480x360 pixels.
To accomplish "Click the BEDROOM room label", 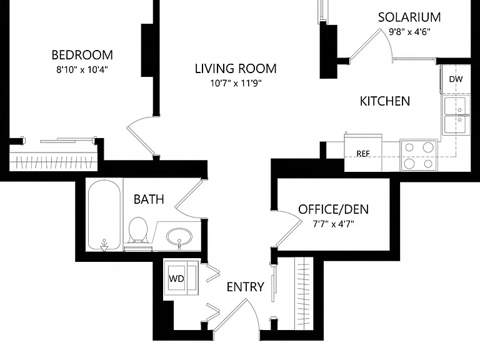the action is pos(82,55).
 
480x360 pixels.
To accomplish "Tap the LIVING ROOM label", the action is pos(236,69).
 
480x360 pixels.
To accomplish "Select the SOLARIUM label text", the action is pos(409,17).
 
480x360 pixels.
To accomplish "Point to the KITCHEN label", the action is pos(385,101).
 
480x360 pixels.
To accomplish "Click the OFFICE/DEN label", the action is pos(333,209).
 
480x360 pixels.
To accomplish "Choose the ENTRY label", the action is pos(245,287).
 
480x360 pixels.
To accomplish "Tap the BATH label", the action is pos(149,199).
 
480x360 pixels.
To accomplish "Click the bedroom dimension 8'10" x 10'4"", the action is pos(82,70).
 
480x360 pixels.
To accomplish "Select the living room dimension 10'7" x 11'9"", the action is pos(236,83).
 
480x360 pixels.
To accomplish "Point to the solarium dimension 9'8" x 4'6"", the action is pos(409,32).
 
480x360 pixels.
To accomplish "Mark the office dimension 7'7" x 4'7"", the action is pos(333,224).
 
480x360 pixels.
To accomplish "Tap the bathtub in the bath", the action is pos(104,215).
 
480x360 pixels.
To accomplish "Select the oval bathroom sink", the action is pos(180,237).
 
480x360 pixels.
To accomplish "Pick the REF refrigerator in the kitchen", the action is pos(363,153).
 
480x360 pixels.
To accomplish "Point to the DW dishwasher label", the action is pos(456,79).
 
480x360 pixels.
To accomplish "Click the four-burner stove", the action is pos(419,156).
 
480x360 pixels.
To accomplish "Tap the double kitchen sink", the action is pos(456,115).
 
